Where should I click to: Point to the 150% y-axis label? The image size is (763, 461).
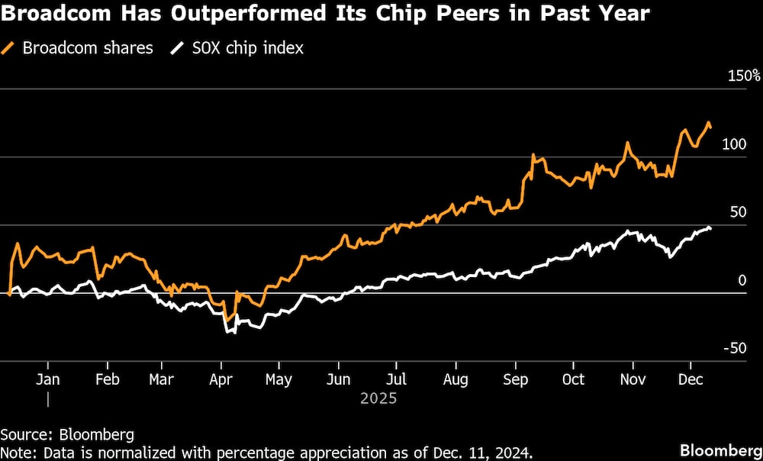coord(744,76)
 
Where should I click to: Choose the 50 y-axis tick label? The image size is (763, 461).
coord(738,212)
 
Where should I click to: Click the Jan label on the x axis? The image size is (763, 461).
coord(48,380)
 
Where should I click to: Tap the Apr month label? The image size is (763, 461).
coord(221,380)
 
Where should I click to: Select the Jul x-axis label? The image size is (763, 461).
coord(395,380)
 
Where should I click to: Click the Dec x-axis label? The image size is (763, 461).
coord(691,380)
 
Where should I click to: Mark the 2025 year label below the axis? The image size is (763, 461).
coord(380,398)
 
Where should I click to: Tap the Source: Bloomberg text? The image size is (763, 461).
coord(67,435)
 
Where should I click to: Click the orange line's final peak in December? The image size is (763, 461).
coord(709,123)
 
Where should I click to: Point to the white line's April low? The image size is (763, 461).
coord(227,332)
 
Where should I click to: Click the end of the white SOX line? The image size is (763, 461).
coord(710,228)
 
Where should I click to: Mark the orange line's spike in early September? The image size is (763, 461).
coord(532,156)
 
